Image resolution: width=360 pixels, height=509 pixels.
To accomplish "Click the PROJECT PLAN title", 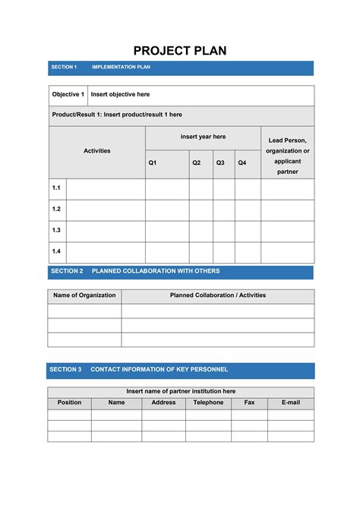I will [180, 51].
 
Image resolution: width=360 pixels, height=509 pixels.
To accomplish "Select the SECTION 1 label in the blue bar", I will [64, 68].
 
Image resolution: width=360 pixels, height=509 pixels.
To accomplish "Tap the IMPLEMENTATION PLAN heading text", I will [122, 68].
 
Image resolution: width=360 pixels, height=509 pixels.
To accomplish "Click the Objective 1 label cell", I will [68, 95].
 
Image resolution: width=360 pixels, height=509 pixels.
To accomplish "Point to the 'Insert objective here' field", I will [120, 95].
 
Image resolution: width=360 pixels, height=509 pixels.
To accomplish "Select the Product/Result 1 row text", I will [117, 115].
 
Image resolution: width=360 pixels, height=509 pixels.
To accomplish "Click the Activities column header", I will [97, 151].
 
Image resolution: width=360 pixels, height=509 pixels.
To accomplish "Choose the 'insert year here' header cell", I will [203, 137].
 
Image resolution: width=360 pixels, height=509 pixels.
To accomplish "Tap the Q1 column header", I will [153, 163].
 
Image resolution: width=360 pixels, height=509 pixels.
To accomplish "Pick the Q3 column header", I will [220, 163].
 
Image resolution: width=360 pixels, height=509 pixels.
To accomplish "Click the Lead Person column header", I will [287, 156].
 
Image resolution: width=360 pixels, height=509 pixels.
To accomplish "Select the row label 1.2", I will [56, 209].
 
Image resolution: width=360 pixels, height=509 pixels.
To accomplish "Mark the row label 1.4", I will [56, 251].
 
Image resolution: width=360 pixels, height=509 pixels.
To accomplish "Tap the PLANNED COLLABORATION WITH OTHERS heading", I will [156, 271].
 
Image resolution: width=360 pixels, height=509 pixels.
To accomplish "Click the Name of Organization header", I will [84, 296].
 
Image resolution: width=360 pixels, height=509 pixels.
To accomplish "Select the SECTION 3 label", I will [65, 370].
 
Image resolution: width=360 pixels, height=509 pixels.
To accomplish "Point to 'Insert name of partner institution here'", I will [181, 391].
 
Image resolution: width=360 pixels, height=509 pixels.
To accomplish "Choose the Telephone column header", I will [208, 403].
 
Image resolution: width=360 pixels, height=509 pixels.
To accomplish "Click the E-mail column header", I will [290, 403].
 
